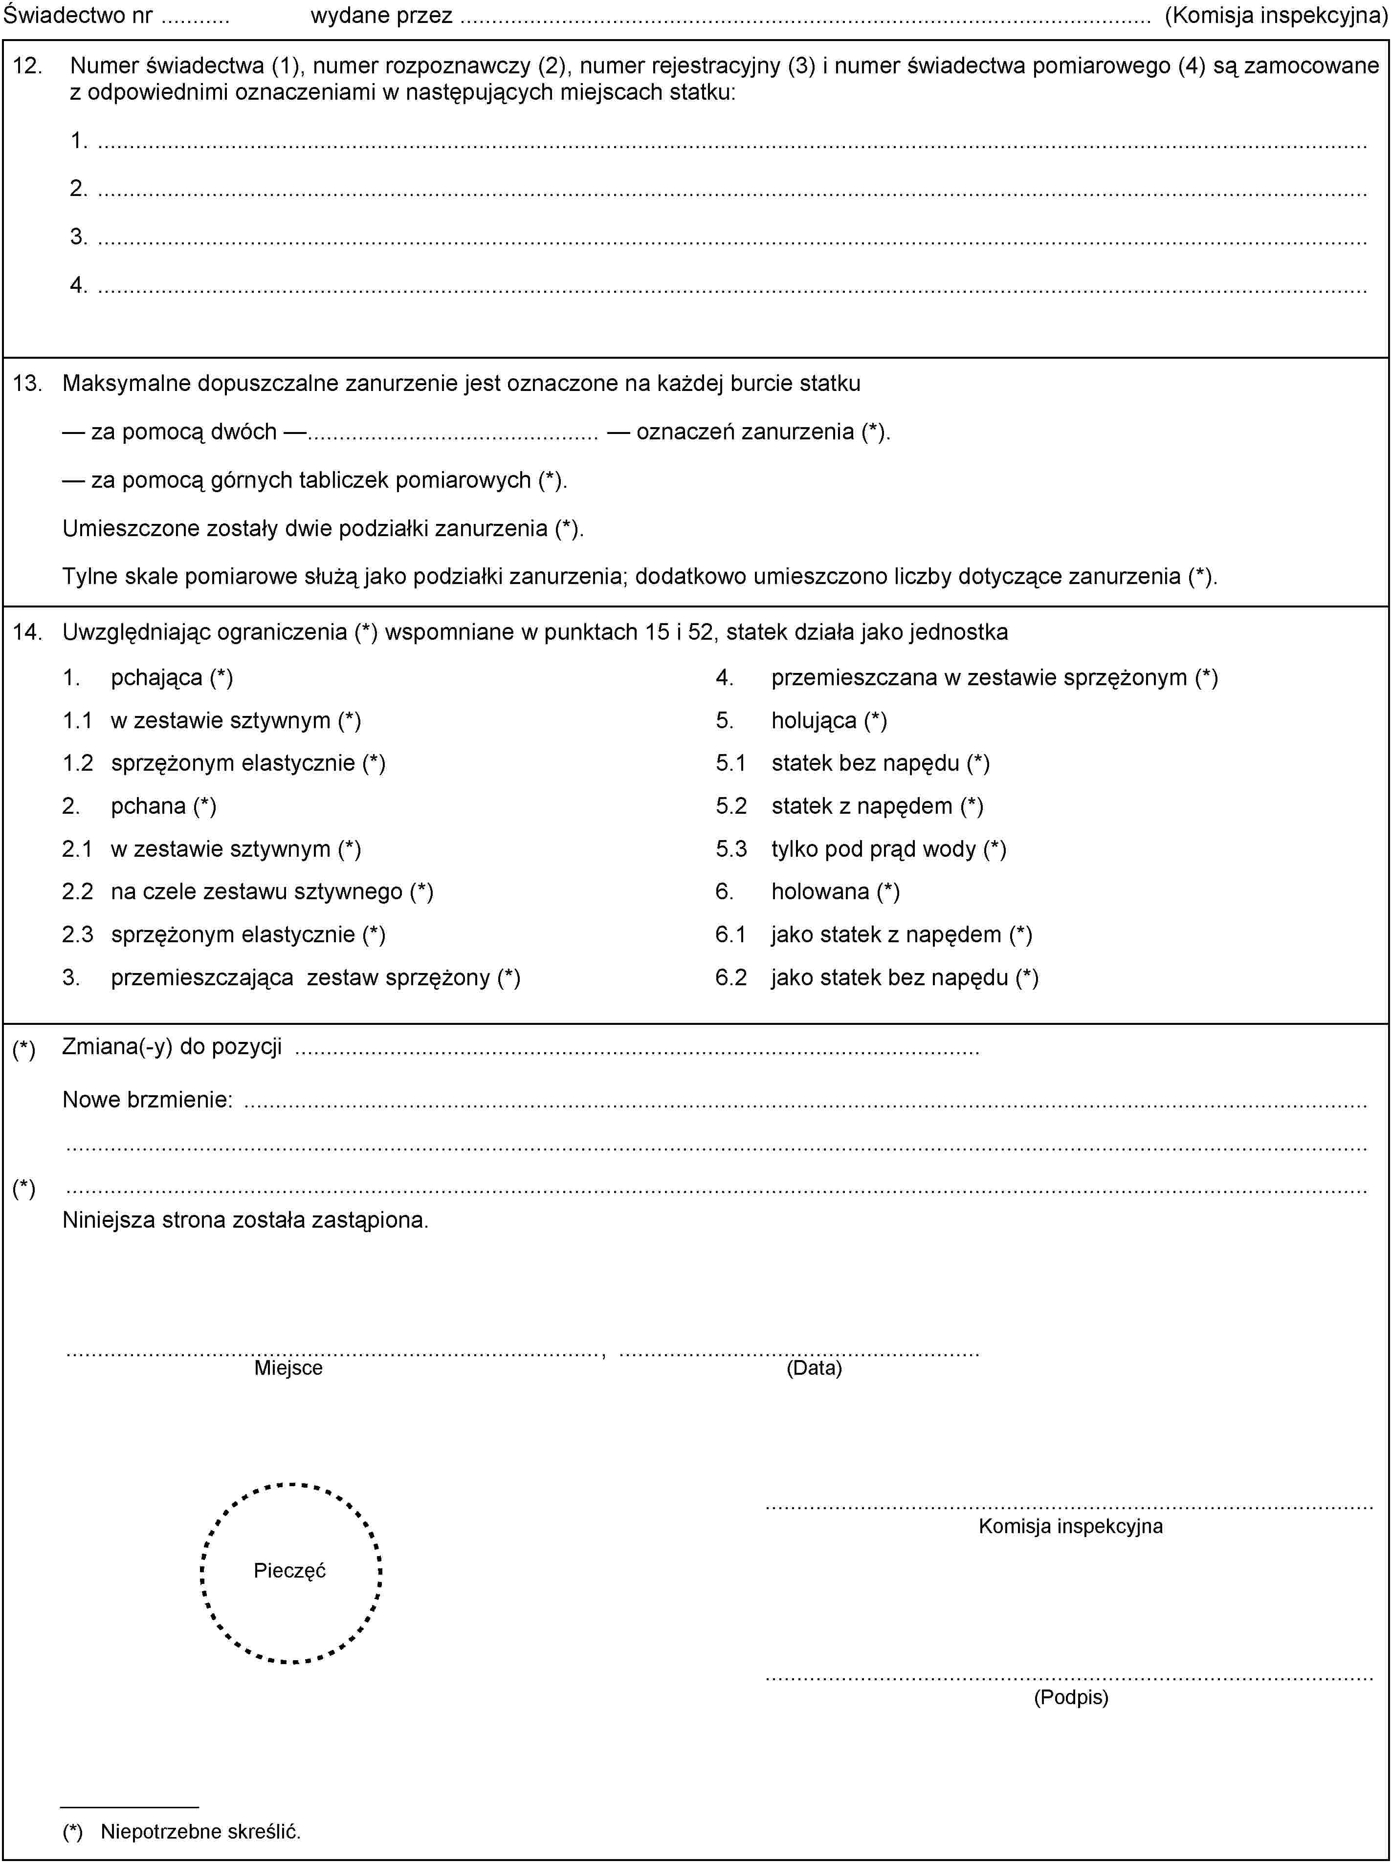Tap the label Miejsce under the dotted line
pos(288,1368)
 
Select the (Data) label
pos(814,1368)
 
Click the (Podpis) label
pos(1070,1697)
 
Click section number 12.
pos(28,65)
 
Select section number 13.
pos(28,383)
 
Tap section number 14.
pos(28,631)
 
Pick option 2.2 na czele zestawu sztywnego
pos(271,891)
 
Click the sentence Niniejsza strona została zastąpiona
pos(245,1219)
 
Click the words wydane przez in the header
pos(381,15)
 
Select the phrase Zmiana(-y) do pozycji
pos(172,1047)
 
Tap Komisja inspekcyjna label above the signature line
pos(1070,1525)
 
